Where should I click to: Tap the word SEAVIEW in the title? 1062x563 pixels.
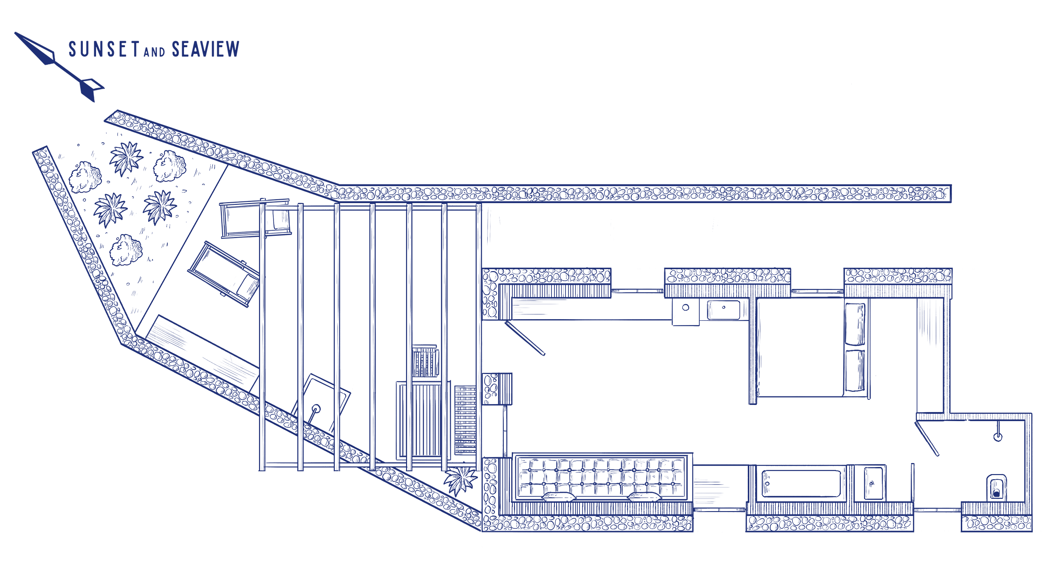pos(206,50)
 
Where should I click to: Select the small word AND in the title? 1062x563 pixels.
pos(154,52)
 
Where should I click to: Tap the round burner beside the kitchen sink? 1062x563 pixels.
pos(686,307)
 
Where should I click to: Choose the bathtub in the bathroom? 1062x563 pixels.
pos(800,483)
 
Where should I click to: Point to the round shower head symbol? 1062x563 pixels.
pos(997,436)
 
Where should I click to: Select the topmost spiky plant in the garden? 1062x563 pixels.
pos(126,158)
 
